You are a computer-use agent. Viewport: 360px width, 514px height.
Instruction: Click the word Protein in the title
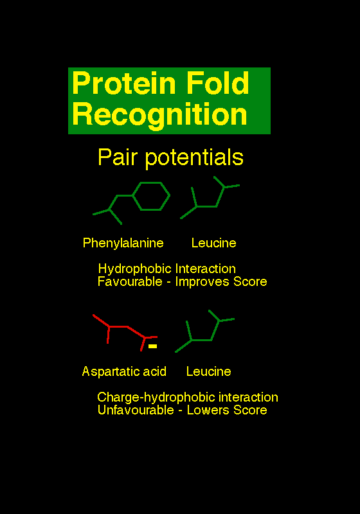pyautogui.click(x=125, y=83)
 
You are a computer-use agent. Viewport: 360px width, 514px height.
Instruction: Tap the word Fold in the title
pyautogui.click(x=218, y=83)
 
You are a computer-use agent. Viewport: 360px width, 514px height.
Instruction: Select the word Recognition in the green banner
pyautogui.click(x=159, y=115)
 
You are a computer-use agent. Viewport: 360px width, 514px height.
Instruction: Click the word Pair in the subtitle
pyautogui.click(x=117, y=157)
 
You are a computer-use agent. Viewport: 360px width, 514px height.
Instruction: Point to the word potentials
pyautogui.click(x=194, y=158)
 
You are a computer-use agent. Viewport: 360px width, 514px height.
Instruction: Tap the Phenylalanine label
pyautogui.click(x=123, y=244)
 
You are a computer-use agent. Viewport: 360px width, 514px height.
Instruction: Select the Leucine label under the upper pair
pyautogui.click(x=214, y=244)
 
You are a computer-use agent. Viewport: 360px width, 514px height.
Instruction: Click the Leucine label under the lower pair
pyautogui.click(x=208, y=372)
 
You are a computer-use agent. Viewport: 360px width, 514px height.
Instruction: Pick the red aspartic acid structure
pyautogui.click(x=127, y=327)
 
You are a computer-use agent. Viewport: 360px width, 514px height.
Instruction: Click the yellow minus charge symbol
pyautogui.click(x=153, y=346)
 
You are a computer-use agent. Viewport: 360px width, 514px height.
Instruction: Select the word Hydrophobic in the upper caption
pyautogui.click(x=135, y=269)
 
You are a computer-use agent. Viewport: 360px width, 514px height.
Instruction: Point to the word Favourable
pyautogui.click(x=130, y=281)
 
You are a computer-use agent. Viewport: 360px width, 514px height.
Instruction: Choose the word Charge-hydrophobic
pyautogui.click(x=156, y=398)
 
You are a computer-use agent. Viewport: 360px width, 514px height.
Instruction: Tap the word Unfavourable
pyautogui.click(x=136, y=410)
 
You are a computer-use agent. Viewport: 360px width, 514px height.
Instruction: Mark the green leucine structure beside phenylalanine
pyautogui.click(x=206, y=206)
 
